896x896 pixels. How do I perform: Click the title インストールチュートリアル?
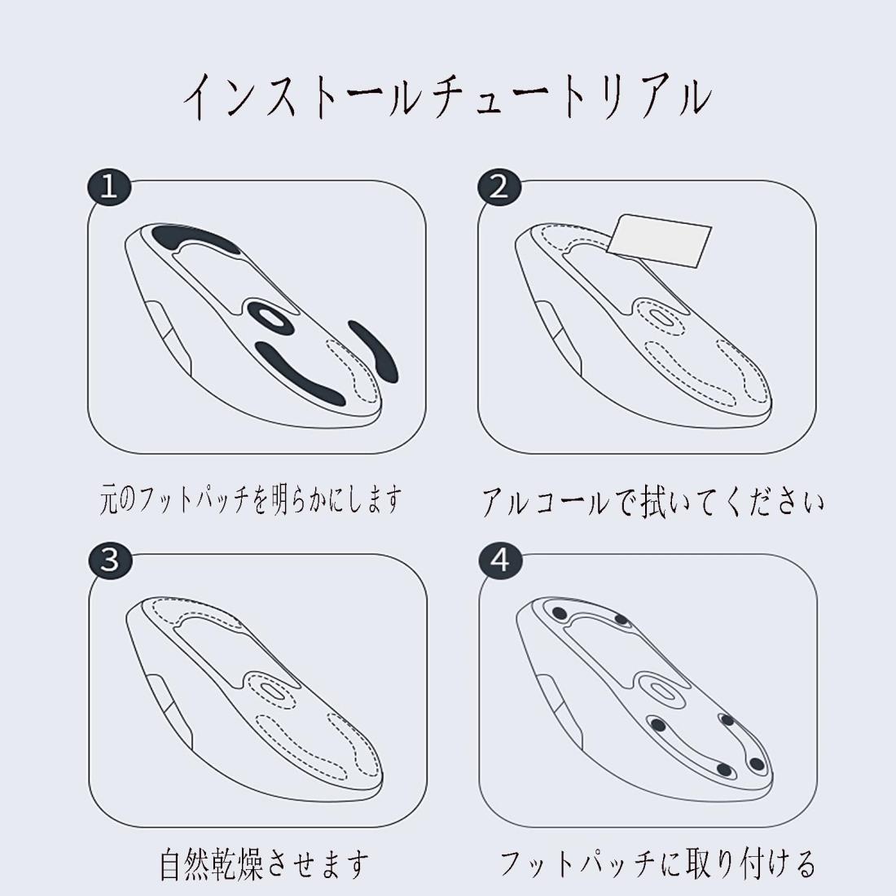click(447, 97)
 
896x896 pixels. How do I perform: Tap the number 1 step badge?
click(109, 187)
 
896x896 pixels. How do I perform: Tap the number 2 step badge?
click(499, 187)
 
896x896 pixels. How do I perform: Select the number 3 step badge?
click(110, 560)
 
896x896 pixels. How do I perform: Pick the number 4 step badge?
click(500, 560)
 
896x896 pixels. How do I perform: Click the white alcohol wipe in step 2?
click(659, 240)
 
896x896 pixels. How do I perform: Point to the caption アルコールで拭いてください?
click(653, 503)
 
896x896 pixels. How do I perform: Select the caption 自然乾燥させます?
click(264, 865)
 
